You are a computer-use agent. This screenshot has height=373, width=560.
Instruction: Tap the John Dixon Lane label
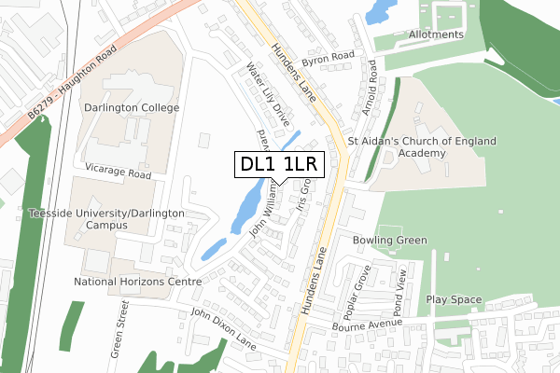click(x=222, y=329)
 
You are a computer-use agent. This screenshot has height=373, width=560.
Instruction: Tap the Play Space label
click(x=454, y=299)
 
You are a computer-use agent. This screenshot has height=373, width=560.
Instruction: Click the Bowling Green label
click(x=389, y=240)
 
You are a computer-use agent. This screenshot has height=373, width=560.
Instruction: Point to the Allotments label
click(x=436, y=35)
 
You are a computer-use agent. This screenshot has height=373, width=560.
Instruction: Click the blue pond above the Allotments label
click(x=378, y=11)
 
